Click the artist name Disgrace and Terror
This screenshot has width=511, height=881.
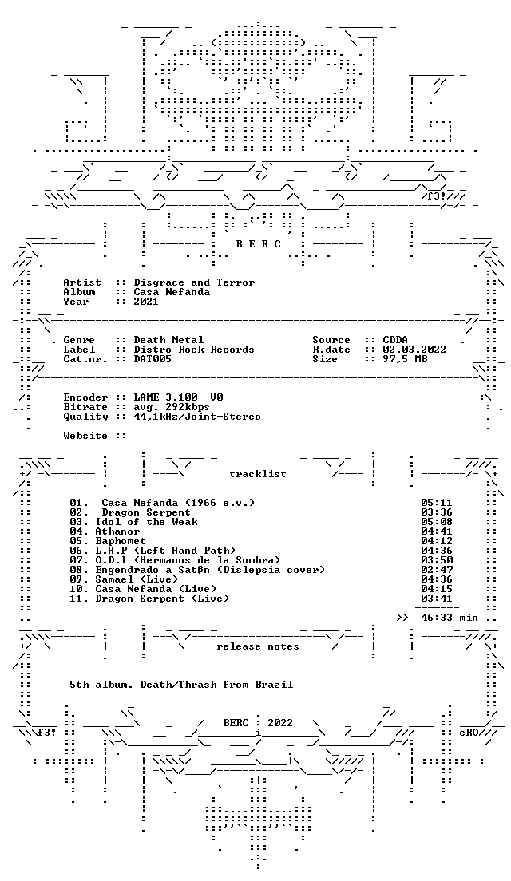194,282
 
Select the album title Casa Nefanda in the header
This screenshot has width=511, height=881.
172,292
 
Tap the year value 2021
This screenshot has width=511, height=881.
146,302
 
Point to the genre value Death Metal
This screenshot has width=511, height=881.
168,340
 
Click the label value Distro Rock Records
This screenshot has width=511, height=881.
194,350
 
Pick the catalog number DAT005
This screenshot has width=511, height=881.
153,359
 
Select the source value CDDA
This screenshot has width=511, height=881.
395,340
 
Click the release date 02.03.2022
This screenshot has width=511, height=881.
414,350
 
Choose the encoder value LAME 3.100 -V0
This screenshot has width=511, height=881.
178,397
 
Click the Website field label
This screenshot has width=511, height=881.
85,436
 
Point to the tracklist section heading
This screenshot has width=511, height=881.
257,474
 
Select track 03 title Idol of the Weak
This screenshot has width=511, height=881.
146,522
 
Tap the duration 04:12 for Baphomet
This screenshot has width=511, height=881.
436,541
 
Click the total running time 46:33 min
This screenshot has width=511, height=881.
450,618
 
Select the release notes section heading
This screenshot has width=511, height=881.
257,646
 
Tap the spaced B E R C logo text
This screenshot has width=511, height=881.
258,244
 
